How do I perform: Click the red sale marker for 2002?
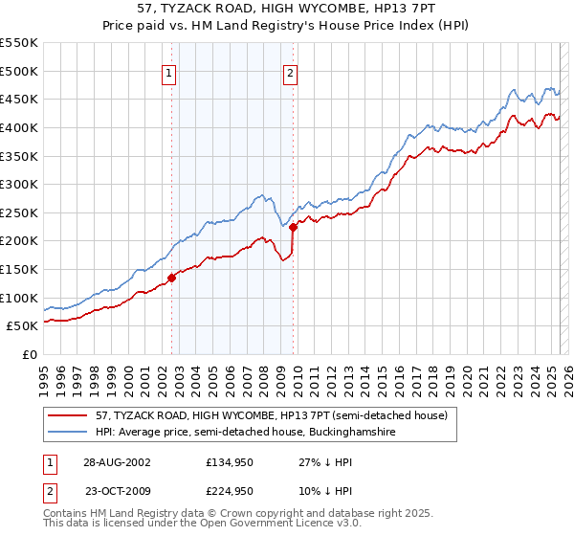pos(172,278)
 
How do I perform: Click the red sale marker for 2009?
pos(293,227)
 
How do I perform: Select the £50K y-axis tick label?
pos(23,325)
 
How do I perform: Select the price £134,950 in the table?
pos(227,462)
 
